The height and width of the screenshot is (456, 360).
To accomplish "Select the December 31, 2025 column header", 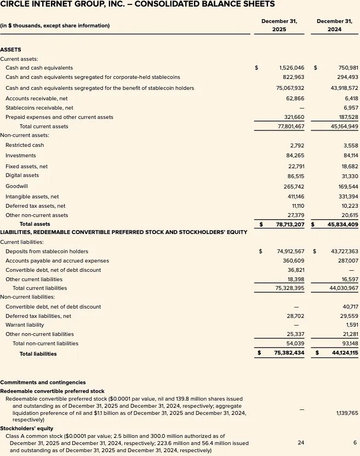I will [279, 25].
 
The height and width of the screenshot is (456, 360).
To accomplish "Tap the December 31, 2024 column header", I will [334, 25].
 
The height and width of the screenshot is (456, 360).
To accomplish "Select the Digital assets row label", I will [22, 176].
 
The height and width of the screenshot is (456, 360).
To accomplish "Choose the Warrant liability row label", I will [25, 325].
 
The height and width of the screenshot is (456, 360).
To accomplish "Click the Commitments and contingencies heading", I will [43, 383].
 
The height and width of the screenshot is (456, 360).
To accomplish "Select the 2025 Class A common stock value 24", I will [301, 442].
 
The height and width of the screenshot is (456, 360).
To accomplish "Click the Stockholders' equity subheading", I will [26, 428].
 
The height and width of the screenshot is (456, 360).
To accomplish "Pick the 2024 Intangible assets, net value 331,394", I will [345, 197].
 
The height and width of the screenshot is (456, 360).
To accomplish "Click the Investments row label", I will [21, 156].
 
